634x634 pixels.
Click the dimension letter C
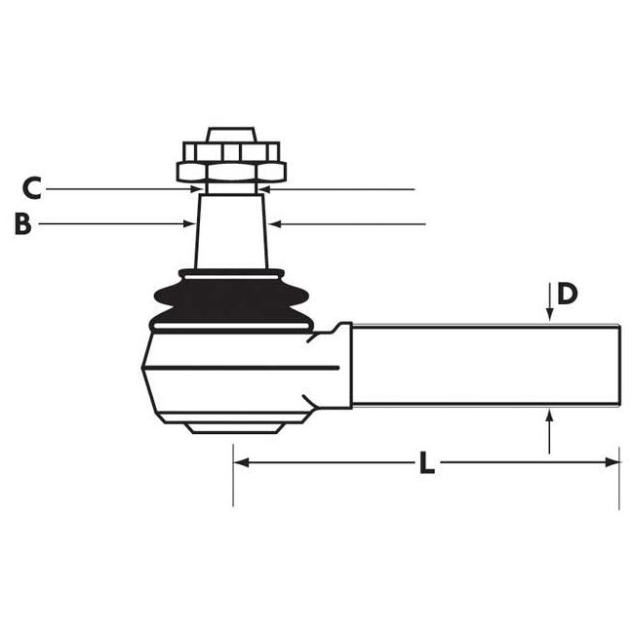tap(31, 185)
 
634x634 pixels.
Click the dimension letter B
tap(24, 224)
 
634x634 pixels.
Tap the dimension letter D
tap(569, 293)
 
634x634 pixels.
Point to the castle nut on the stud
tap(230, 162)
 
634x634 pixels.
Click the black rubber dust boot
tap(230, 299)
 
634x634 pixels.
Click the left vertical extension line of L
tap(233, 478)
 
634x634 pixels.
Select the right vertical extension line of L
tap(619, 478)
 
